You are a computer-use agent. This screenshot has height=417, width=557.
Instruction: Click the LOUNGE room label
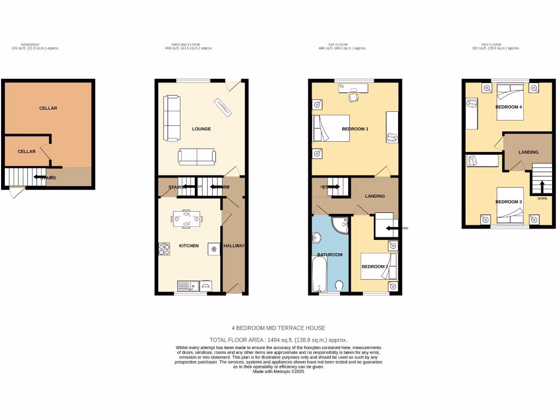201,129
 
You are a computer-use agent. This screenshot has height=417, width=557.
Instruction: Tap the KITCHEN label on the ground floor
189,246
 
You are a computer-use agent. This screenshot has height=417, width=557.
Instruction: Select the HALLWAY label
234,246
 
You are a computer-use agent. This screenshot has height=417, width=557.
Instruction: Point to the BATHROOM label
330,255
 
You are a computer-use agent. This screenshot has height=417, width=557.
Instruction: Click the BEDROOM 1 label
355,129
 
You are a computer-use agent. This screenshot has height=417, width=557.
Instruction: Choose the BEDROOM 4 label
509,108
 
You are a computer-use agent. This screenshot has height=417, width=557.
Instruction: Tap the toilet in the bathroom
339,286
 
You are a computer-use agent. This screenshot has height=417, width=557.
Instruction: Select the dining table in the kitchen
187,218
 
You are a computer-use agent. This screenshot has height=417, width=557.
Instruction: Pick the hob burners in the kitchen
164,249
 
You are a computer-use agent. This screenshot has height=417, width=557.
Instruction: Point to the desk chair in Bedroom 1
354,97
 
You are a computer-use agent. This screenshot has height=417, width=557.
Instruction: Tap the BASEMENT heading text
30,45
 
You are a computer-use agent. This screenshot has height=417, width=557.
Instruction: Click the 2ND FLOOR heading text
492,45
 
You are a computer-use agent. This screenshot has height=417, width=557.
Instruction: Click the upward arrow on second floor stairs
542,186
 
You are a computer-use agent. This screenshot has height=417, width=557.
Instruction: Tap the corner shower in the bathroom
341,224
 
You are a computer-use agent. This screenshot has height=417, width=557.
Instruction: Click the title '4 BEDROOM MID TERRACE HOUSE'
278,328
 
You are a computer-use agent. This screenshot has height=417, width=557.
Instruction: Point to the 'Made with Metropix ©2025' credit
278,371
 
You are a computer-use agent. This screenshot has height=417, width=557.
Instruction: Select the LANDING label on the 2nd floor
528,153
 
